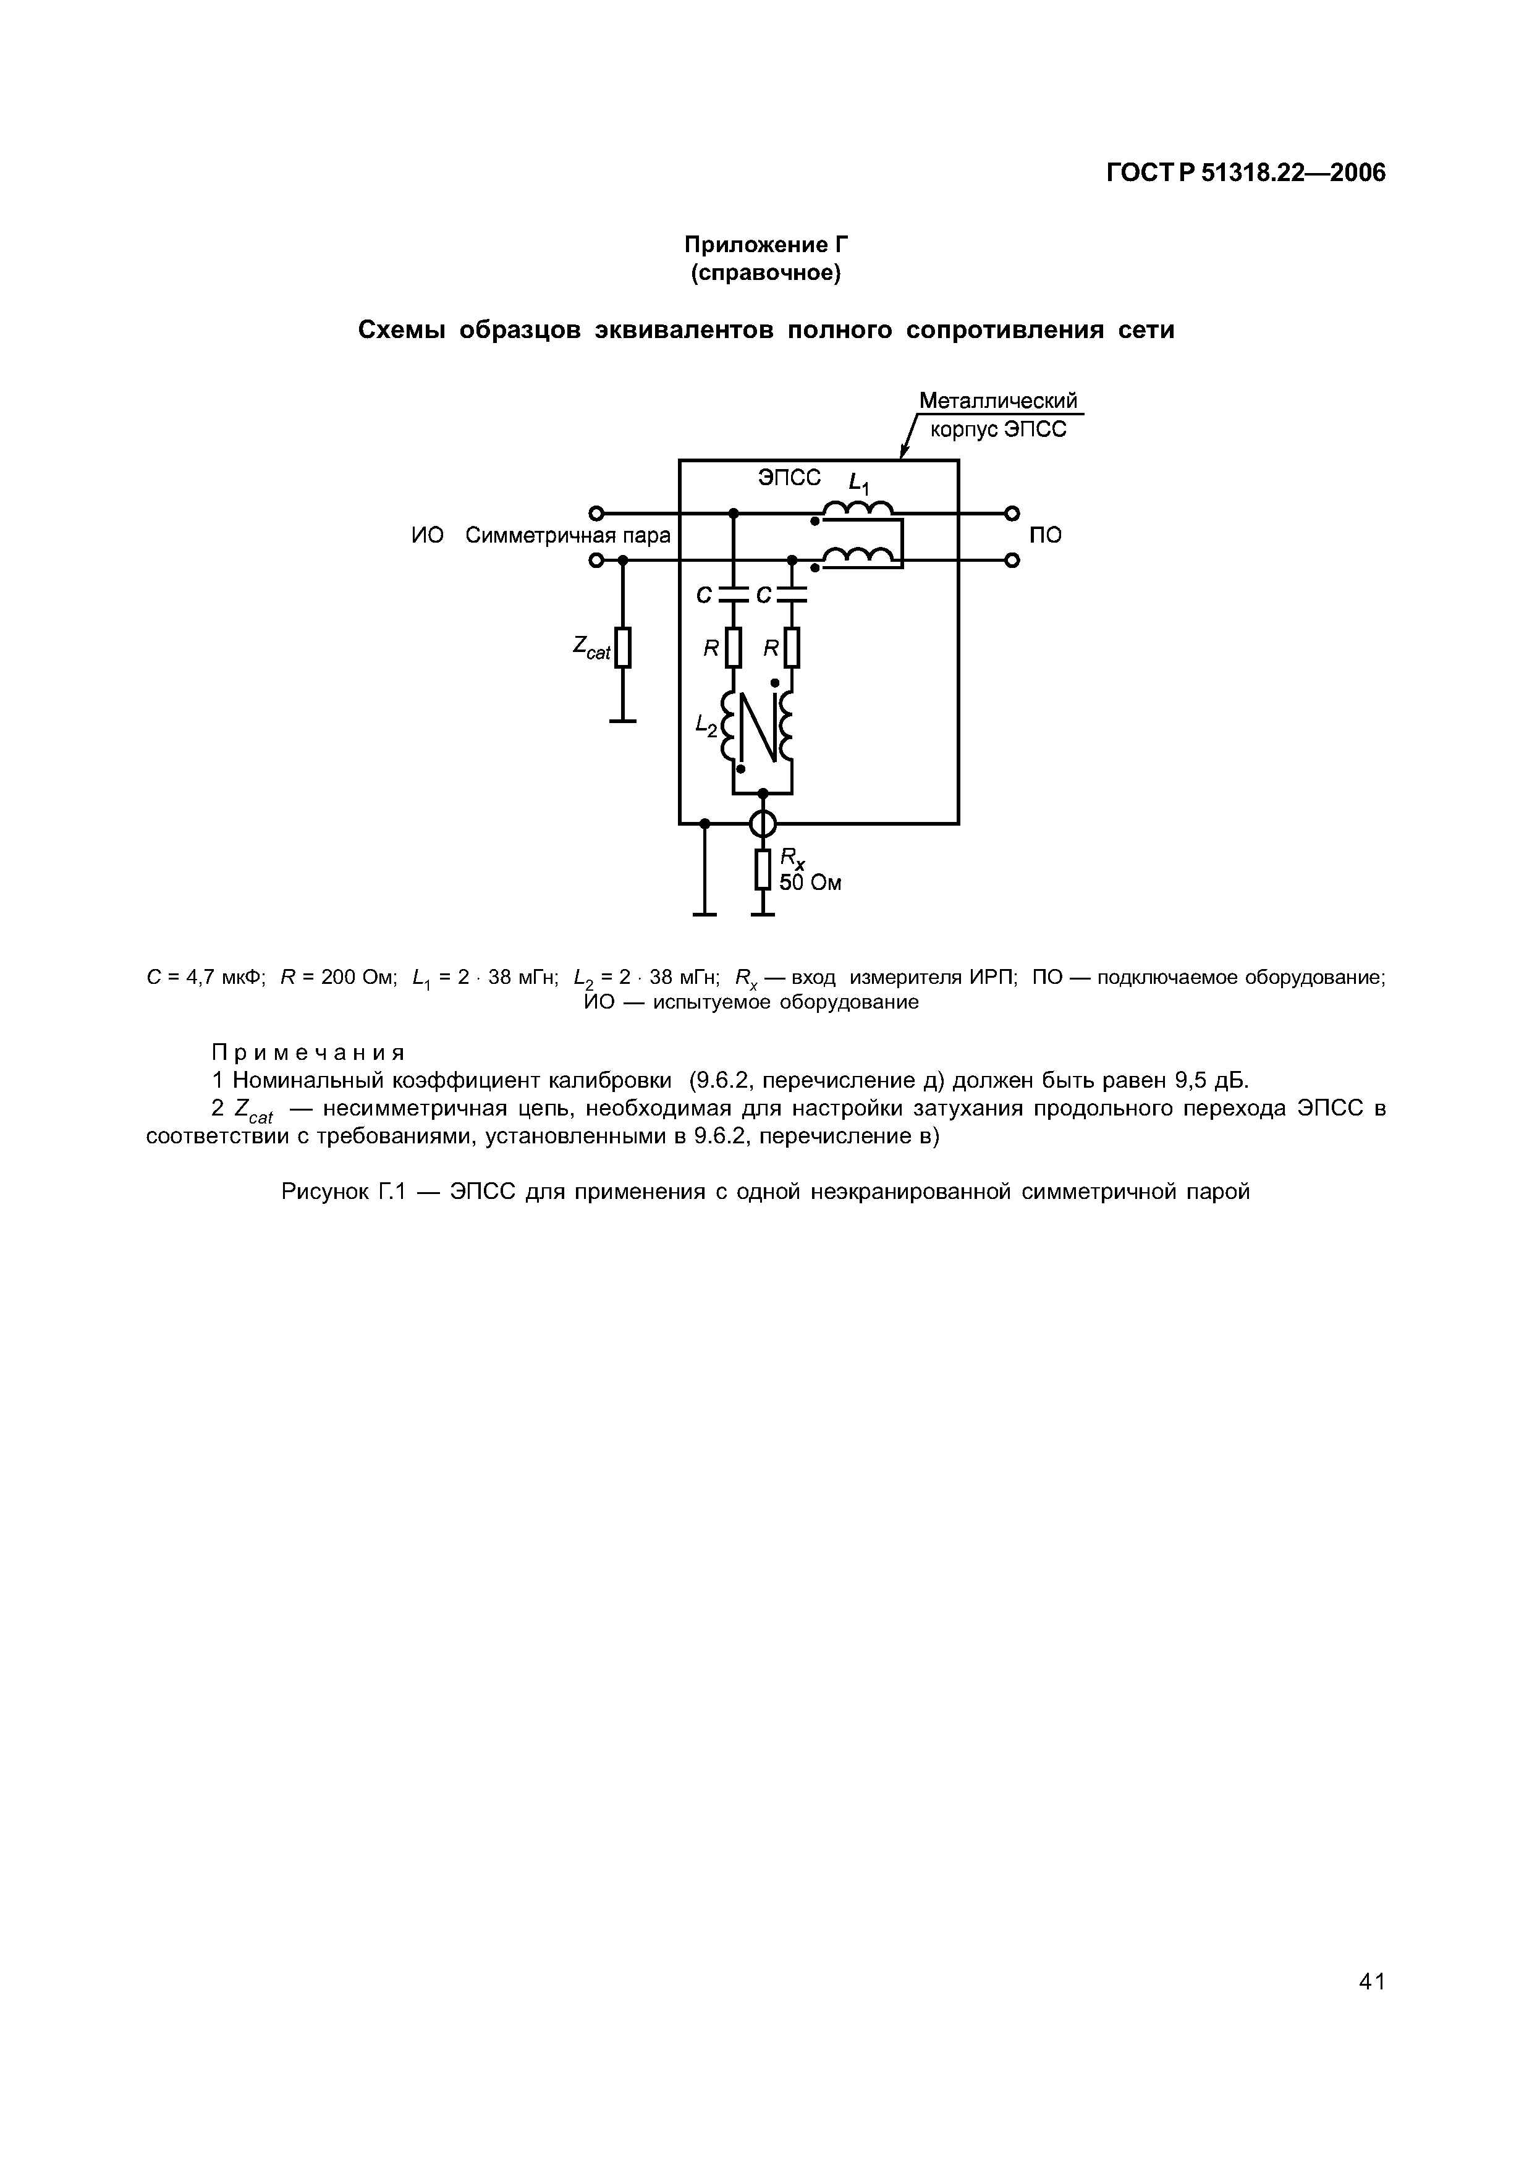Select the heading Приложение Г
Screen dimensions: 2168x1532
click(766, 245)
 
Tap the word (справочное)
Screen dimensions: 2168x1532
click(766, 274)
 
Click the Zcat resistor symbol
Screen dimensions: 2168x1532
click(622, 648)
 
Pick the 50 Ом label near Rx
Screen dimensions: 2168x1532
click(810, 883)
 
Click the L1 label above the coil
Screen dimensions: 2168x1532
click(859, 485)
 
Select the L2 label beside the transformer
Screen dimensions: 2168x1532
click(706, 724)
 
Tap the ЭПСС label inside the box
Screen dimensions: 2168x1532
click(789, 478)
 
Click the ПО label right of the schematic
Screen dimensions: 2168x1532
click(1045, 535)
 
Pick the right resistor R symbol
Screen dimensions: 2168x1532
click(792, 648)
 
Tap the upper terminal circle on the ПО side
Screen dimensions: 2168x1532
click(1011, 513)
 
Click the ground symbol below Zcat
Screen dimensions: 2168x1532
click(622, 721)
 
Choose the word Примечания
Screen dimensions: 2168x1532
click(308, 1052)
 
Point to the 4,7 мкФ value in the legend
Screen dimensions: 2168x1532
click(222, 977)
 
